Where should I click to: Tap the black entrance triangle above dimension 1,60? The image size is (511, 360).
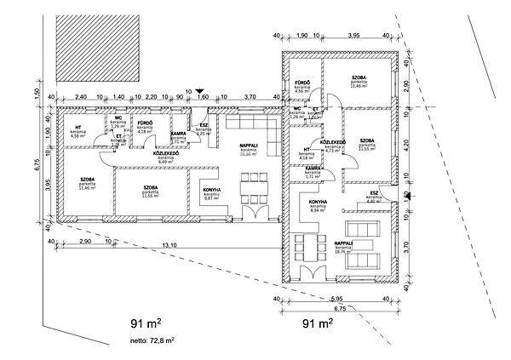199,89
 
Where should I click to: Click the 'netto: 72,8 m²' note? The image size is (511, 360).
146,340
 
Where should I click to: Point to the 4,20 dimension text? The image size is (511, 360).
408,146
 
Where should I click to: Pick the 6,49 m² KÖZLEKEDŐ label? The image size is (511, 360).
165,156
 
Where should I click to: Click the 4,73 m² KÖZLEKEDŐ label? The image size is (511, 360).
331,145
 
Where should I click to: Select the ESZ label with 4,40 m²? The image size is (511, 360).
376,198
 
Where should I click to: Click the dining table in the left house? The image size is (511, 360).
251,186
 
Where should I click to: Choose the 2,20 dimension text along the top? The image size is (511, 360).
151,98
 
